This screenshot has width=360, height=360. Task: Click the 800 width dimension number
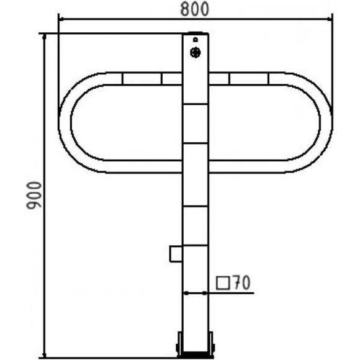[194, 9]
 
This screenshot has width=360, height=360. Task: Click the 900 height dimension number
[34, 195]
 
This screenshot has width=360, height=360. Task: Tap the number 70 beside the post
[241, 282]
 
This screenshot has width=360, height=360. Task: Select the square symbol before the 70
[223, 283]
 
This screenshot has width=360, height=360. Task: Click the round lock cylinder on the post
[196, 53]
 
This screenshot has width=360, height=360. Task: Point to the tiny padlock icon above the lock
[196, 40]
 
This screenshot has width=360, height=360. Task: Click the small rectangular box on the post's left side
[176, 253]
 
